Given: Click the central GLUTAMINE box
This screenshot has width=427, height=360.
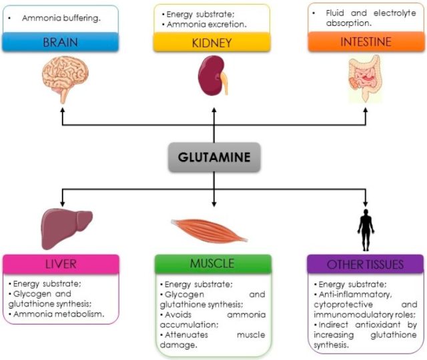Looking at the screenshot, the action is coord(214,157).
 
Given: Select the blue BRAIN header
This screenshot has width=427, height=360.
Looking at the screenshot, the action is coord(61,42).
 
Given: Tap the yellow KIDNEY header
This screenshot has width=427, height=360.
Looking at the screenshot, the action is coord(212,43).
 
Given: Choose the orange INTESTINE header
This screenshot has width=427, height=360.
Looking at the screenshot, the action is coord(366,41).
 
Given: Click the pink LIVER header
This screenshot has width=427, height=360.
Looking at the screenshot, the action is coord(61,264).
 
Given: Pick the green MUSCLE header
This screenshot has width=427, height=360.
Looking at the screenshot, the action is coord(213,263).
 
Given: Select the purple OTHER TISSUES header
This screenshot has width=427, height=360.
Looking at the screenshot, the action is coord(365,264).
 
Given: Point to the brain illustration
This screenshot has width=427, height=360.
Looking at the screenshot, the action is coord(65,79).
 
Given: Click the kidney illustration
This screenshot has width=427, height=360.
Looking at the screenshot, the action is coord(213,75).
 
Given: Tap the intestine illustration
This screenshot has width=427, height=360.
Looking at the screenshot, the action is coord(365,79).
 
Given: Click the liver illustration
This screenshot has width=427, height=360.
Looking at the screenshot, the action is coord(67,229).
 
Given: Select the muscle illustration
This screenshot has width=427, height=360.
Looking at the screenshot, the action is coord(209,231).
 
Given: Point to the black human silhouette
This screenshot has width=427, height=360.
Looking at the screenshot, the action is coord(366,230).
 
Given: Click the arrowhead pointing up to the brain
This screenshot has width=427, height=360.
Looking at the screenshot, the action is coord(63,110).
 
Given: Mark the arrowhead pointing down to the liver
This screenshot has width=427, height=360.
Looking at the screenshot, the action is coord(62,204).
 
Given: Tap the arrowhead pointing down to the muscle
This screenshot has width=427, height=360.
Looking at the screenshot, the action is coord(214,204).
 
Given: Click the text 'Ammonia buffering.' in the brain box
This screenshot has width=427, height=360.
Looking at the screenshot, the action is coord(61,18).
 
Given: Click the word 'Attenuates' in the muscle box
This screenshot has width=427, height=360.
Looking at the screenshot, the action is coord(186,335).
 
